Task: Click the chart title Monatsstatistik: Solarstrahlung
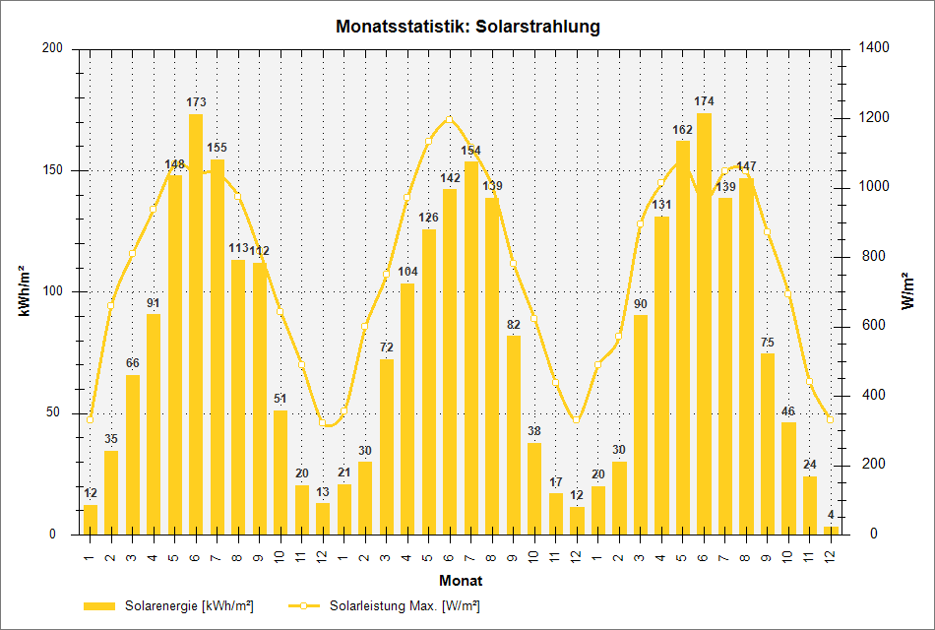467,27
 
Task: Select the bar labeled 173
196,325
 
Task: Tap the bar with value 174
704,325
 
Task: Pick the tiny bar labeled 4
832,531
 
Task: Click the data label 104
407,272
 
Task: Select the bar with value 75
768,444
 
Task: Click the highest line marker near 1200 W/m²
450,120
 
